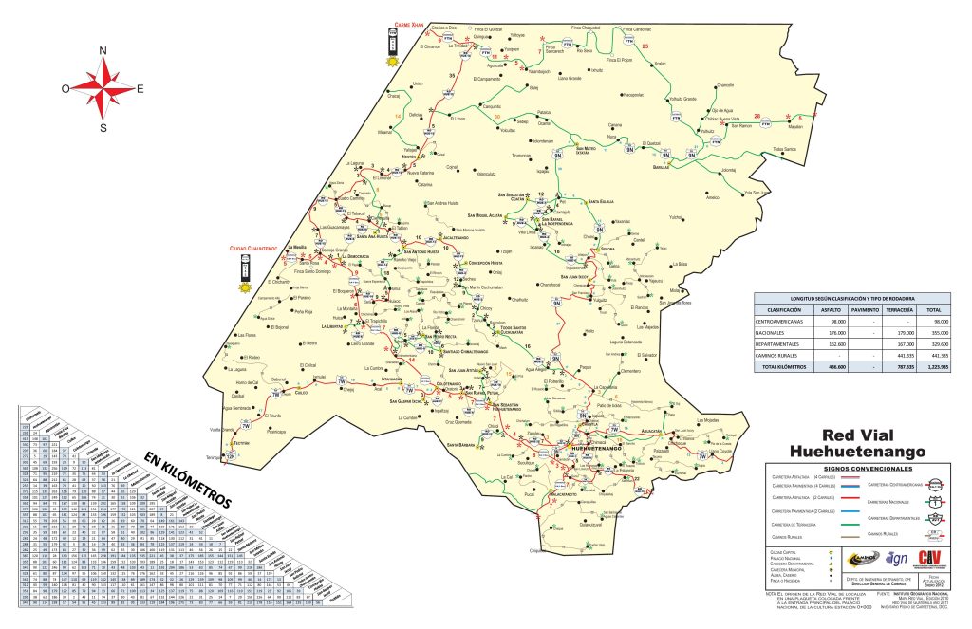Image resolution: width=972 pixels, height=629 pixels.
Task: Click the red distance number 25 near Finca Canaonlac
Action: [x=645, y=46]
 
